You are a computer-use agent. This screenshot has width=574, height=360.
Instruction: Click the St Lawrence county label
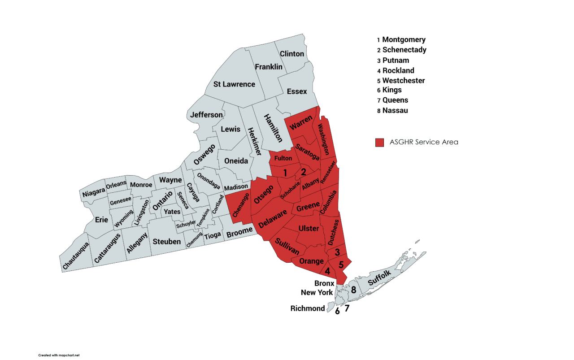(234, 84)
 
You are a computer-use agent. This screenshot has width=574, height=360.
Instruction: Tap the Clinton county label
(292, 54)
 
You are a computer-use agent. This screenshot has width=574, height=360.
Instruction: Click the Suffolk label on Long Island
(380, 278)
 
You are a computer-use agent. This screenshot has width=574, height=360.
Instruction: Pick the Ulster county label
(309, 229)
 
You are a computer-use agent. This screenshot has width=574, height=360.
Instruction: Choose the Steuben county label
(167, 242)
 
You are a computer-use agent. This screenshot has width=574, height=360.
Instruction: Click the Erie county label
(101, 220)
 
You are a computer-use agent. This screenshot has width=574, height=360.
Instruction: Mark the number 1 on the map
(285, 172)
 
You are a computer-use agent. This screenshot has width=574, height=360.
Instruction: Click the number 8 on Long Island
(353, 290)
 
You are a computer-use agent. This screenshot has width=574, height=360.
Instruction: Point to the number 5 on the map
(341, 264)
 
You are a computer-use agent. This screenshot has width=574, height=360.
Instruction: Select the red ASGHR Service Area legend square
(380, 142)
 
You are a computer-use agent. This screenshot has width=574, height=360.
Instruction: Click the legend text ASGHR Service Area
(424, 142)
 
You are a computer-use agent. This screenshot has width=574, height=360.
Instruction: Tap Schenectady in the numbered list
(404, 50)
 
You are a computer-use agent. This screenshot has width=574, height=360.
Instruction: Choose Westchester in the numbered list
(403, 81)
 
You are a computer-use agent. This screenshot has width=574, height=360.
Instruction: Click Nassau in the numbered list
(395, 110)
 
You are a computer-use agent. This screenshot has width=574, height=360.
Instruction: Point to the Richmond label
(307, 308)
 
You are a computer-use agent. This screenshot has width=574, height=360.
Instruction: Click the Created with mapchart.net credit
(59, 355)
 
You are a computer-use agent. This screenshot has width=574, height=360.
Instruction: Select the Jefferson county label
(206, 115)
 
